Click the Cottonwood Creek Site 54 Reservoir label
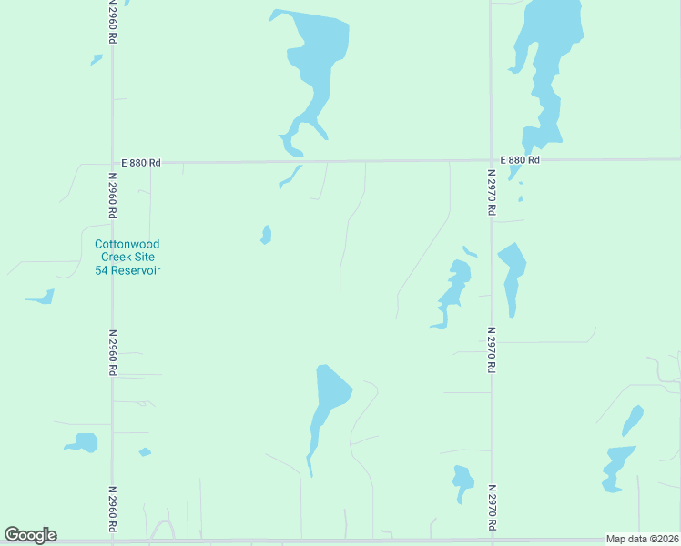(127, 258)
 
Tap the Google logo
(30, 535)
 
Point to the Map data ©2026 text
(642, 539)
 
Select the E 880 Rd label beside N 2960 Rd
(142, 163)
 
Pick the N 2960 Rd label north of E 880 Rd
(112, 20)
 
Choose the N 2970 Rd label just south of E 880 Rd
(491, 192)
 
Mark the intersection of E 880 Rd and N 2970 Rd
(491, 160)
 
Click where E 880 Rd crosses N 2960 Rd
(112, 163)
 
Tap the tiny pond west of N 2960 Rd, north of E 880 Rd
(97, 60)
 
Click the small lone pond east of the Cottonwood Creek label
(266, 235)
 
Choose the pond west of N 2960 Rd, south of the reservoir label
(84, 443)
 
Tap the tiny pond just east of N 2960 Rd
(144, 451)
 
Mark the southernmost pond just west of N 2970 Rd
(462, 480)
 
